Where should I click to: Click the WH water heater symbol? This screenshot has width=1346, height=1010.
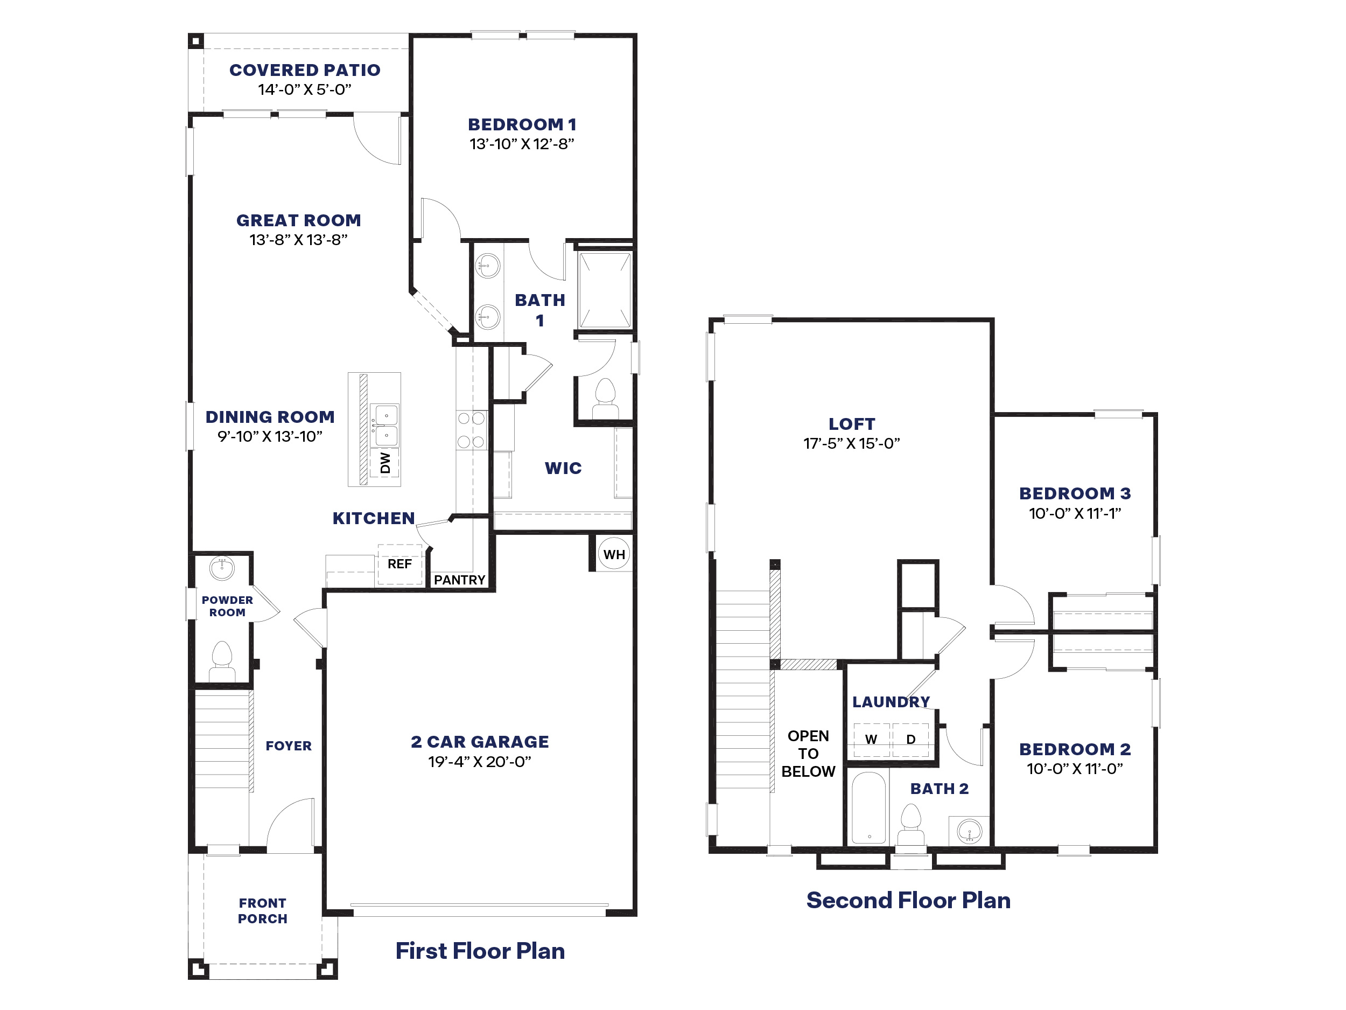coord(613,554)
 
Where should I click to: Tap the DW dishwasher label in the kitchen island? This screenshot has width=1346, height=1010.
coord(385,463)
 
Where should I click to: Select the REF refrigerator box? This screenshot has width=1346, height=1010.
coord(400,565)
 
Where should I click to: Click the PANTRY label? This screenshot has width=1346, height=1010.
coord(459,580)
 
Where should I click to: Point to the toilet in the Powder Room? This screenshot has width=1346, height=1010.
coord(222,660)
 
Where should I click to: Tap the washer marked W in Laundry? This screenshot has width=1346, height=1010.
coord(871,740)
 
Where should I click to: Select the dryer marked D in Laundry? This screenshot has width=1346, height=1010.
coord(910,740)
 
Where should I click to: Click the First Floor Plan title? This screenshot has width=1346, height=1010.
coord(480,951)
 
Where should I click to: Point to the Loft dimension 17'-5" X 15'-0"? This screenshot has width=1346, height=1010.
coord(851,443)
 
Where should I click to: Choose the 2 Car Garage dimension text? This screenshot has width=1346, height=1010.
coord(480,762)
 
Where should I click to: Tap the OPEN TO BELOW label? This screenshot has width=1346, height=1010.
coord(808,754)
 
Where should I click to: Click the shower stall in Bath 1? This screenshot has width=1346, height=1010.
coord(604,291)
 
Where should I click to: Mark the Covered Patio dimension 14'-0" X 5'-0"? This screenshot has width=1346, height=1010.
coord(304,89)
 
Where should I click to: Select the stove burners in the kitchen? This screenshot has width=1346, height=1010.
coord(471,430)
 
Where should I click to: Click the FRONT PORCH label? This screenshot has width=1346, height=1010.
coord(262,911)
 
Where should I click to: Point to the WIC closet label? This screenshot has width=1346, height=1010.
coord(563,468)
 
